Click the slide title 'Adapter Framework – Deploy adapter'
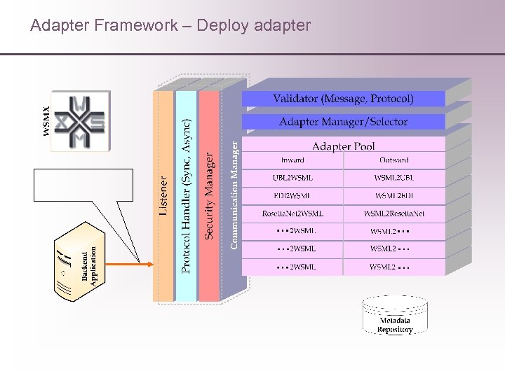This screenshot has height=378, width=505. [x=170, y=26]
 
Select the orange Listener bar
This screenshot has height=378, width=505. [x=163, y=196]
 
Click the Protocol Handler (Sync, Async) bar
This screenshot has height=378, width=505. [x=186, y=196]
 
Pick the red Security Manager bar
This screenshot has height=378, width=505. [x=209, y=196]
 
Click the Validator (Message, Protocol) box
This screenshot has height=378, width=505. [x=343, y=99]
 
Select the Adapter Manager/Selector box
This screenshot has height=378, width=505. [x=343, y=122]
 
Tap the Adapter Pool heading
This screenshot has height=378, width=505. [x=343, y=146]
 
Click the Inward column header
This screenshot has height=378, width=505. [x=292, y=160]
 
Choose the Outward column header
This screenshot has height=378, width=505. [x=393, y=160]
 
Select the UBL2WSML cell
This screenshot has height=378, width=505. [x=292, y=178]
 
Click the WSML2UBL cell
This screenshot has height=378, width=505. [x=394, y=178]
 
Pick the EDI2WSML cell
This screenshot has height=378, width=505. [x=292, y=196]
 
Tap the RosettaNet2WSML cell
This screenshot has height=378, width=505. [x=292, y=213]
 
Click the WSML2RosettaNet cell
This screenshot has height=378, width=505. [x=394, y=213]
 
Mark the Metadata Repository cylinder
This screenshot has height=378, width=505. [x=395, y=315]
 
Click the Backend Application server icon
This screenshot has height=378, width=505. [x=79, y=262]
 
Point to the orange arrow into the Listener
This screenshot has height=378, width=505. [x=130, y=263]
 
